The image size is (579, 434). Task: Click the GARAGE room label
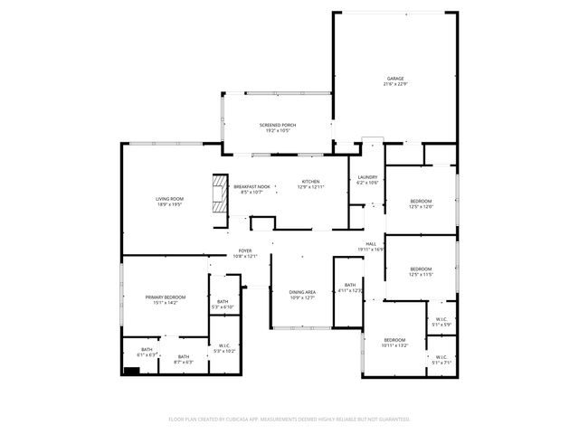tap(394, 79)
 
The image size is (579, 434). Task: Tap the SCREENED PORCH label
tap(278, 125)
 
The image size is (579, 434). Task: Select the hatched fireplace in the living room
tap(219, 192)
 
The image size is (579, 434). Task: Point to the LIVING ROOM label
tap(169, 199)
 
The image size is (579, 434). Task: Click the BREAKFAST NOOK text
tap(252, 186)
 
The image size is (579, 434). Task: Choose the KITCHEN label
tap(310, 181)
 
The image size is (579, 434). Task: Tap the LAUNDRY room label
tap(367, 177)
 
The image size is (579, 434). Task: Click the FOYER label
tap(245, 250)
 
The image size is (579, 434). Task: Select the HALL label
tap(371, 243)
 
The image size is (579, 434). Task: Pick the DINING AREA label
tap(302, 292)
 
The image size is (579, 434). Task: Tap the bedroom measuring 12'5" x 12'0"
tap(422, 201)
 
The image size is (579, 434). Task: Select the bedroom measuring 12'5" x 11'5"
tap(422, 269)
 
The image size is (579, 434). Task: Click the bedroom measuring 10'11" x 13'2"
tap(395, 340)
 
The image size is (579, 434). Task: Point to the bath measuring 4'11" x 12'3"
tap(349, 286)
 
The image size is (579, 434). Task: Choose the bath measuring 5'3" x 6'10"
tap(223, 301)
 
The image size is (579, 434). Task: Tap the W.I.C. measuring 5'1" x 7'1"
tap(441, 357)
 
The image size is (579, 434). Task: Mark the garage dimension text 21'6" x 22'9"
tap(394, 85)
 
